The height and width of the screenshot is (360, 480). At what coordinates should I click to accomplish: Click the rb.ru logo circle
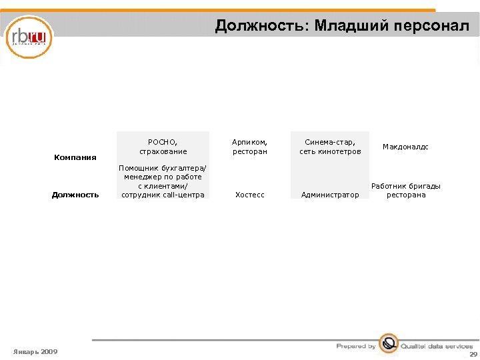[29, 37]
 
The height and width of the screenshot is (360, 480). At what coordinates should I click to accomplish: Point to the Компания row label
[75, 157]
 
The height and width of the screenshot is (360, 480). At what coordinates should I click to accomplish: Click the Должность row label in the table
[75, 195]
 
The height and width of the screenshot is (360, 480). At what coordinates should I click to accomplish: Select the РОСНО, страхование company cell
[163, 147]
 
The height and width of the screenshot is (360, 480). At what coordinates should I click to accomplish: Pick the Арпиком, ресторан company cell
[249, 147]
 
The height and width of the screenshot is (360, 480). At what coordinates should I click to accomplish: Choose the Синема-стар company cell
[330, 147]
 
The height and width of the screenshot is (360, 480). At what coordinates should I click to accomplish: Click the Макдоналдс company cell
[405, 147]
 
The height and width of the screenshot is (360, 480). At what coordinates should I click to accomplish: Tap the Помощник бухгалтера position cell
[163, 181]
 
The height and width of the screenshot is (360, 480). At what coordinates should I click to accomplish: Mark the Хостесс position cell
[249, 195]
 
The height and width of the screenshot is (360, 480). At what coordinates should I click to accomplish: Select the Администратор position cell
[330, 195]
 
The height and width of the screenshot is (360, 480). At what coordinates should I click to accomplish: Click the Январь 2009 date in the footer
[35, 351]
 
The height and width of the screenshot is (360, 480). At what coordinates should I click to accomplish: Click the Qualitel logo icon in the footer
[388, 344]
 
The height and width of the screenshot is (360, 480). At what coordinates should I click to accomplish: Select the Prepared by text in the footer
[356, 346]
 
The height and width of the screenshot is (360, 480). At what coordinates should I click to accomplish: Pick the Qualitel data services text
[436, 347]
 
